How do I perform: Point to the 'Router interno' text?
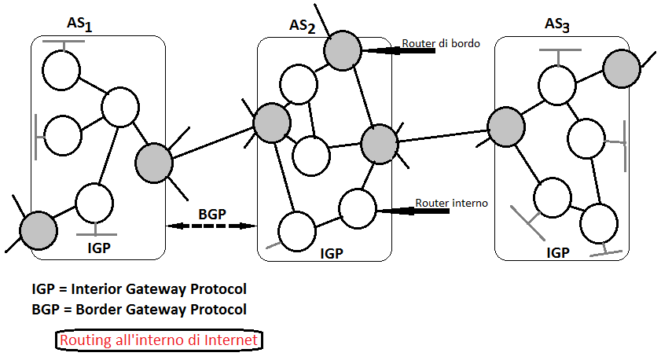click(x=451, y=203)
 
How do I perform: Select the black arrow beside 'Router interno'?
click(x=395, y=211)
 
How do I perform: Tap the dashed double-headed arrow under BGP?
click(x=211, y=226)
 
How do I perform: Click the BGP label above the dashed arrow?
click(x=212, y=213)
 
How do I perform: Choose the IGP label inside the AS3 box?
click(x=559, y=252)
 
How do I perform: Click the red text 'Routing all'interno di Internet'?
click(x=159, y=340)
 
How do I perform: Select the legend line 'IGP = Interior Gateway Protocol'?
click(x=138, y=289)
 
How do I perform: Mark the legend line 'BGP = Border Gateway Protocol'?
click(x=138, y=309)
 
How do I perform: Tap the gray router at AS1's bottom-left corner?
click(x=38, y=230)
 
